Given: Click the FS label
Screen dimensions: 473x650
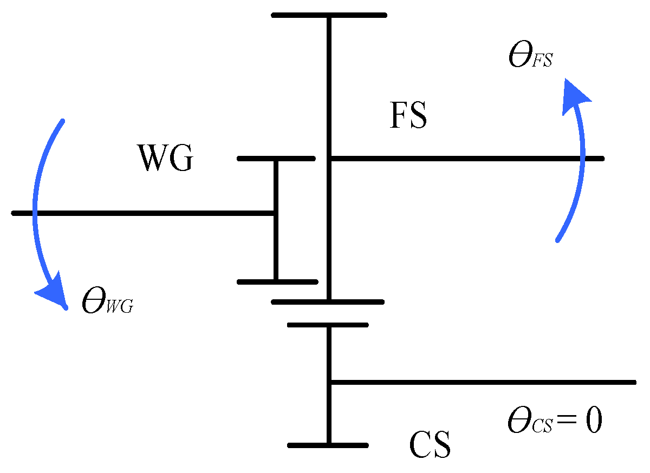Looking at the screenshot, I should point(408,116).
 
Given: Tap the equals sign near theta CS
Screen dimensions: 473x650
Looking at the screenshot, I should point(567,422).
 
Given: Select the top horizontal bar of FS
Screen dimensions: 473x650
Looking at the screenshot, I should point(329,15).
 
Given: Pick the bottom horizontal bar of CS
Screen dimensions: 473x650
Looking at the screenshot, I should point(328,445).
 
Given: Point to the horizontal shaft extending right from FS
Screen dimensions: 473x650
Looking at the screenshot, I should point(466,159).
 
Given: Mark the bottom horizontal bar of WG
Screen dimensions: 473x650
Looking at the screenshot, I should point(277,282).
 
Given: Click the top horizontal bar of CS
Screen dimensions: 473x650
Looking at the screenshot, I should point(328,325).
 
